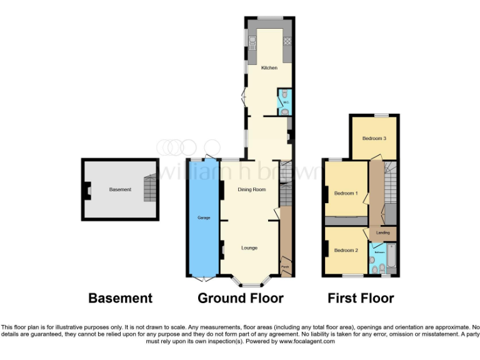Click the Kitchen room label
point(269,67)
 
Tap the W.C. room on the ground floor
point(284,104)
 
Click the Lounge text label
point(250,247)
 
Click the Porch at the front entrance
point(285,267)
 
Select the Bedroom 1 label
point(346,193)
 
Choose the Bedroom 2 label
point(345,251)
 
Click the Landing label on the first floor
point(383,232)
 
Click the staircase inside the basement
point(148,188)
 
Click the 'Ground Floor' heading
point(241,299)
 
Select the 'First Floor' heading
point(361,299)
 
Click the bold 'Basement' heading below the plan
point(120,299)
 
